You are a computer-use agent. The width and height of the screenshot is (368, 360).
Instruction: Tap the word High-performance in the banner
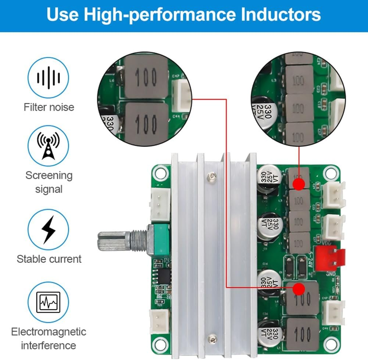(x=159, y=14)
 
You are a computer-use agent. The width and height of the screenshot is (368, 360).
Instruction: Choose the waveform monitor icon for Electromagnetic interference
(x=48, y=302)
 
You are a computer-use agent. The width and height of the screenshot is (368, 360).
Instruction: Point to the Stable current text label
(x=49, y=259)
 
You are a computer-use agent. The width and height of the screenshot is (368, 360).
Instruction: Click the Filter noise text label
(x=49, y=107)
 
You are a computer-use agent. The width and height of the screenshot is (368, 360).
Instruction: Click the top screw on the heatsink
(x=211, y=177)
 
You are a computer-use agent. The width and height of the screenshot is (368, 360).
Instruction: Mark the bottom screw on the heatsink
(x=211, y=338)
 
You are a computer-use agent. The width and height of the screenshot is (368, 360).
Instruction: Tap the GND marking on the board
(x=330, y=274)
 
